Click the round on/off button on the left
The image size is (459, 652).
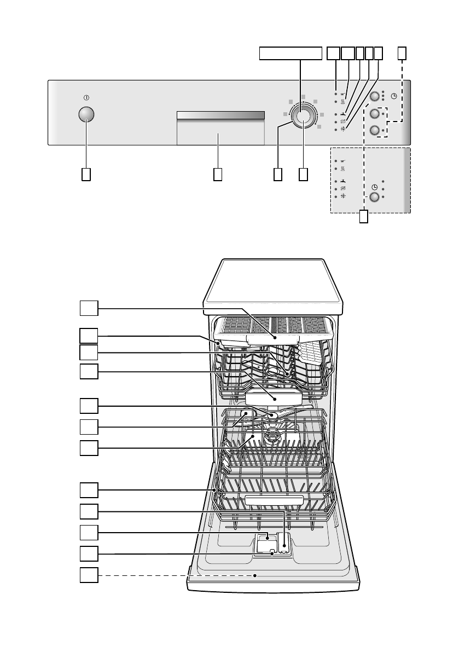click(86, 114)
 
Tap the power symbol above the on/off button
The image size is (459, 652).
click(86, 97)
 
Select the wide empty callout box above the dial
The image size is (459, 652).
click(290, 53)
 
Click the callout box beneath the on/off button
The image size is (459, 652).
click(86, 174)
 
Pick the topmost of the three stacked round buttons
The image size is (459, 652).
click(375, 97)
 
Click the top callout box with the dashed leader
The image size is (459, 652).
click(402, 53)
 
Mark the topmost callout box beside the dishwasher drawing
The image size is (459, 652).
click(89, 308)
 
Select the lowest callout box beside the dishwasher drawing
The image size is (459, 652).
click(89, 575)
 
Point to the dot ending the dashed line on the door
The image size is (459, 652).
click(256, 575)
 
